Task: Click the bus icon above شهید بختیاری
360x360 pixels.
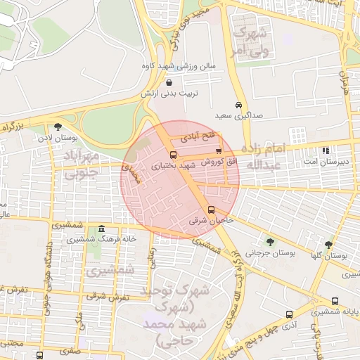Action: [x=173, y=155]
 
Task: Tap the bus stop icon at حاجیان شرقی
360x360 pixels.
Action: [x=212, y=210]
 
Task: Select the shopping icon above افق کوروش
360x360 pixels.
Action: [x=219, y=151]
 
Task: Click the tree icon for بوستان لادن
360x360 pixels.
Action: [x=58, y=127]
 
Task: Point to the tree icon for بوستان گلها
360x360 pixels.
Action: [x=328, y=245]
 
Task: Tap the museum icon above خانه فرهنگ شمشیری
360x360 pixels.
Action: [x=102, y=229]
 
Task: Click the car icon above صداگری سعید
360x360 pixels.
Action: [x=240, y=104]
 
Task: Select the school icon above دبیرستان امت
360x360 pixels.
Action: [x=325, y=150]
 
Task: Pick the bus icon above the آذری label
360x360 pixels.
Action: [x=289, y=314]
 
